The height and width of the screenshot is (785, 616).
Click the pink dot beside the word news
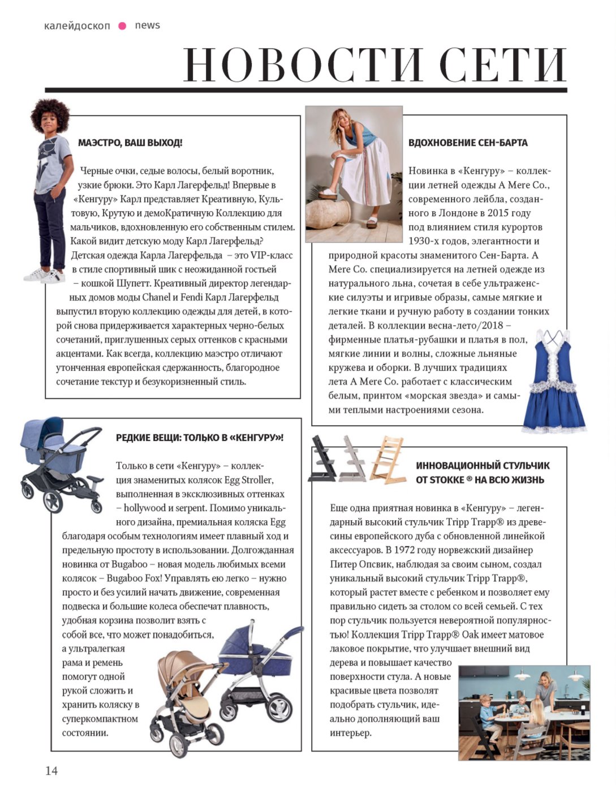pos(122,25)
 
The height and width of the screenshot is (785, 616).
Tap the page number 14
pos(51,770)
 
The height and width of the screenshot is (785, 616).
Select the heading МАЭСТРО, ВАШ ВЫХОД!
pos(130,143)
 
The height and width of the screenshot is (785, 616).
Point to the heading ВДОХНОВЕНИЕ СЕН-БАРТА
pos(468,143)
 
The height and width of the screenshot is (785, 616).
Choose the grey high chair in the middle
pos(354,459)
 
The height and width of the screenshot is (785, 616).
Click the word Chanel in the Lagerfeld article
pos(156,297)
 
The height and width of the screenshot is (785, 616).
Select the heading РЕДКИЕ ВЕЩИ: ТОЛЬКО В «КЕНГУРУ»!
pos(200,437)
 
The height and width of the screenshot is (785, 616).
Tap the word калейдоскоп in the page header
pos(77,25)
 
